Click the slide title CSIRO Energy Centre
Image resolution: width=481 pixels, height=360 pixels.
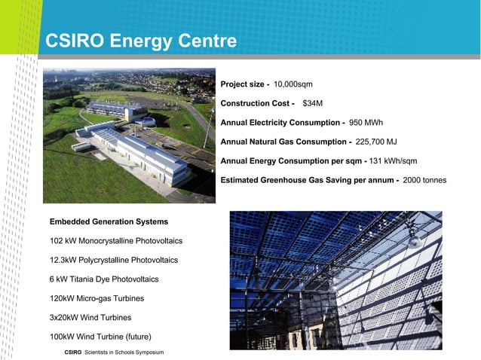[x=141, y=41]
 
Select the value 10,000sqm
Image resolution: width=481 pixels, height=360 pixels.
[x=293, y=84]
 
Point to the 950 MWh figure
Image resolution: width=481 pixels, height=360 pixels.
[x=366, y=122]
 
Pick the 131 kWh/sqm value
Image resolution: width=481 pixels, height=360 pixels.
[x=394, y=161]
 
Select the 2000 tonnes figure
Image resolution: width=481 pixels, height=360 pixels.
[x=424, y=181]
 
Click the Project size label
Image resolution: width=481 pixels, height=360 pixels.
[x=244, y=84]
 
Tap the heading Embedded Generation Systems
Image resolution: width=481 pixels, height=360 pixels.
[x=109, y=222]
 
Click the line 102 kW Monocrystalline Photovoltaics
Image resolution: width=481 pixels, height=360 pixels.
[x=115, y=241]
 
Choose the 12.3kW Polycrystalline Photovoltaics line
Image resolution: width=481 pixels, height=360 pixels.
[x=113, y=260]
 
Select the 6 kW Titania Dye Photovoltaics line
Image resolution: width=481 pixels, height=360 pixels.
[x=104, y=279]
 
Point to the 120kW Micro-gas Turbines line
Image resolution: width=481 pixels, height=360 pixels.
[x=97, y=298]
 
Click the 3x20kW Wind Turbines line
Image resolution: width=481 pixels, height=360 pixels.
[x=90, y=317]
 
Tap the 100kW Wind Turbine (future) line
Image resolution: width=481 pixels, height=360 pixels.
[x=100, y=336]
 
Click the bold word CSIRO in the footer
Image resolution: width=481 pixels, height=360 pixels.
[x=73, y=352]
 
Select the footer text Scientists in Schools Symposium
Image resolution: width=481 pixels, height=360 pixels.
[x=124, y=352]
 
